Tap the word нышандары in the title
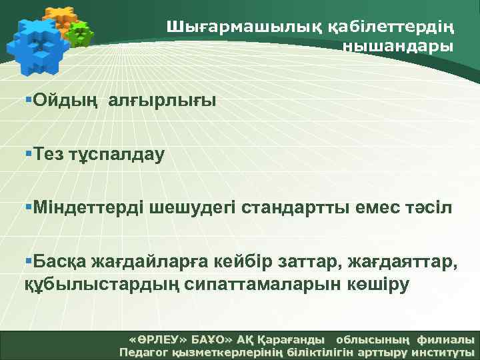pyautogui.click(x=398, y=46)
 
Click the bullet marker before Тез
pyautogui.click(x=28, y=154)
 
